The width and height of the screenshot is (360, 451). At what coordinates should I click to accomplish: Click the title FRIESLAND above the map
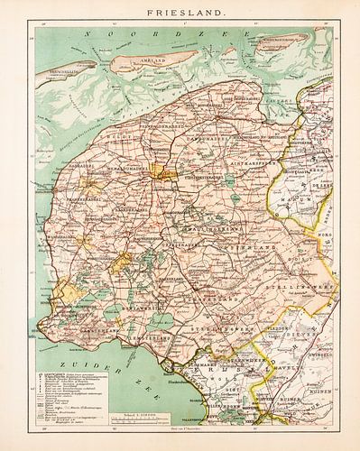pos(180,14)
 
